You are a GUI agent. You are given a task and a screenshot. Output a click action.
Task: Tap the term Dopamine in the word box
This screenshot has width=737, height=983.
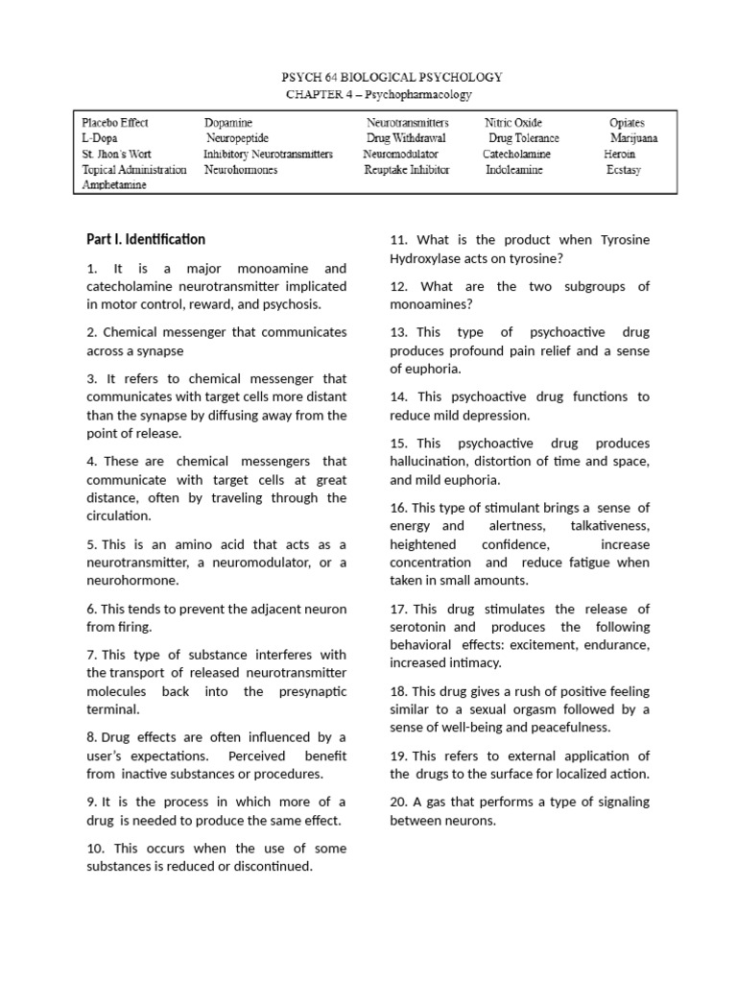pyautogui.click(x=227, y=123)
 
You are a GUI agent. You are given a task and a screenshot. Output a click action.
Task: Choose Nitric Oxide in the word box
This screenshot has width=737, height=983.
pyautogui.click(x=513, y=123)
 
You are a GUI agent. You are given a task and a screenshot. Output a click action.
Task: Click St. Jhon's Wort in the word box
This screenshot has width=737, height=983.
pyautogui.click(x=116, y=154)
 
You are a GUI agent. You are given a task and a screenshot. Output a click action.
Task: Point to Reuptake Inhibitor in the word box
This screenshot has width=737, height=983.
pyautogui.click(x=406, y=169)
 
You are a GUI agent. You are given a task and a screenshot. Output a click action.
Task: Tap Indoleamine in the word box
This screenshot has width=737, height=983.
pyautogui.click(x=513, y=169)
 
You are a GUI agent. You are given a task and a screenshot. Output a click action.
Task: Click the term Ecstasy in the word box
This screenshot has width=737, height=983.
pyautogui.click(x=623, y=169)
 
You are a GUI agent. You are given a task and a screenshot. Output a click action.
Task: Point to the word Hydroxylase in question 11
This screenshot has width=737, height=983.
pyautogui.click(x=427, y=258)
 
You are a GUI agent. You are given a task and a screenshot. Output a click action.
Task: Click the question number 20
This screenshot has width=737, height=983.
pyautogui.click(x=399, y=802)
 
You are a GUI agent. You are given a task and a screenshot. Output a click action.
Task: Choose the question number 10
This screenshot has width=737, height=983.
pyautogui.click(x=96, y=848)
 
